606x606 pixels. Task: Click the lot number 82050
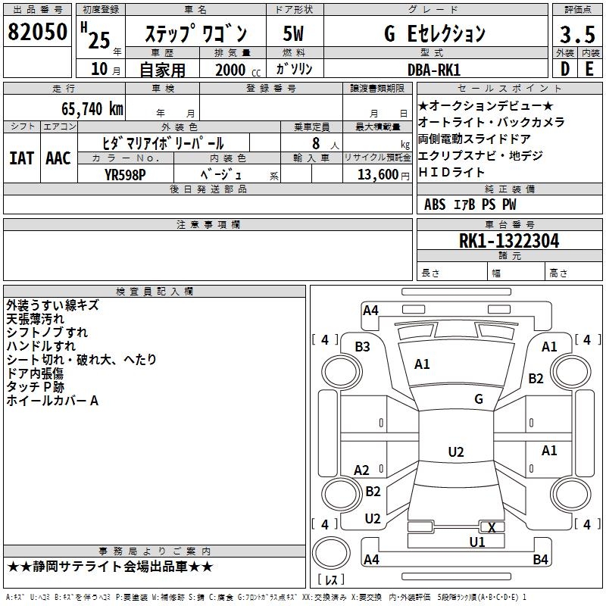click(37, 32)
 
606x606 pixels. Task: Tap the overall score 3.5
click(577, 34)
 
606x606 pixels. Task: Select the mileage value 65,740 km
click(92, 109)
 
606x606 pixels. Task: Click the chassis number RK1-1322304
click(509, 241)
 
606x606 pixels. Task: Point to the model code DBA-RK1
click(434, 70)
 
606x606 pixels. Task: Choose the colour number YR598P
click(125, 175)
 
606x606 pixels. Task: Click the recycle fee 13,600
click(377, 175)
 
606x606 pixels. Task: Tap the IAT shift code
click(21, 158)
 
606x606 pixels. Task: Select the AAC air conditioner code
click(58, 158)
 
